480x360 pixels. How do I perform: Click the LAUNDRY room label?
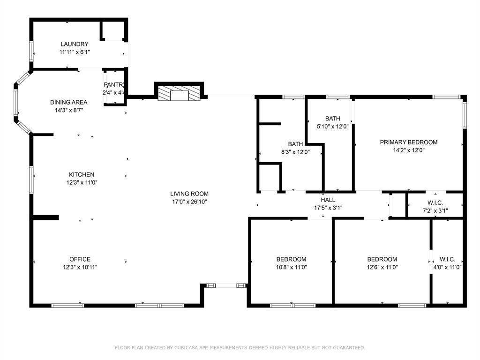74,44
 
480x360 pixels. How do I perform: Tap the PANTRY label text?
114,85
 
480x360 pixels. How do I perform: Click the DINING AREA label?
69,102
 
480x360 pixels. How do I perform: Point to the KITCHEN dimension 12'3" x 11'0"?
82,182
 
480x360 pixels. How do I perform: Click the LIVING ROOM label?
189,194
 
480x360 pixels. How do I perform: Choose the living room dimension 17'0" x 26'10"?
189,202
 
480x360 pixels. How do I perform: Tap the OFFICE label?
80,259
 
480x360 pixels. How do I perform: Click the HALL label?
328,200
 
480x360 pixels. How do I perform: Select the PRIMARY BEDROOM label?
408,142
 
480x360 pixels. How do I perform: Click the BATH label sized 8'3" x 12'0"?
295,144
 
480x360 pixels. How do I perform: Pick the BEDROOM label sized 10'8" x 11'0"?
291,259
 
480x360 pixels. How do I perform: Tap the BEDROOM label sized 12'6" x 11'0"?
382,259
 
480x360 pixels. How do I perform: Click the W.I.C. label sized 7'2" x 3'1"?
435,203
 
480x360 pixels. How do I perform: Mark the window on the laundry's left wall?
32,51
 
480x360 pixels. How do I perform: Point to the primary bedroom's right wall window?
465,115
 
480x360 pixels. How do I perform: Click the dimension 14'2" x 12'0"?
408,150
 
